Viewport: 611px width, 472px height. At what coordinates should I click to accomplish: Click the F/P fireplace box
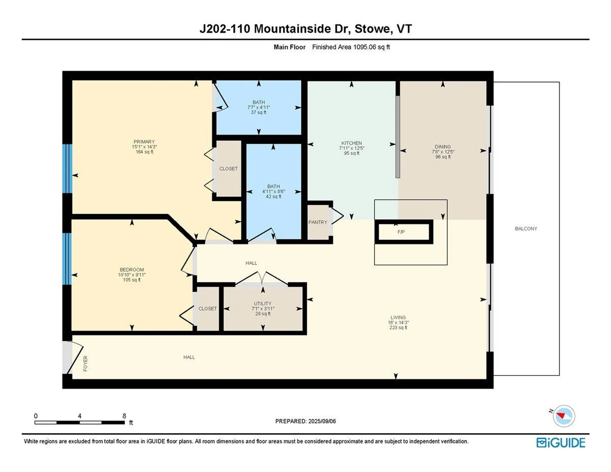point(404,232)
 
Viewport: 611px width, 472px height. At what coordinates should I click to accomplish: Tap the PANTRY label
point(318,222)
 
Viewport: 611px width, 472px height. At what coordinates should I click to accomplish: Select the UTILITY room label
point(263,304)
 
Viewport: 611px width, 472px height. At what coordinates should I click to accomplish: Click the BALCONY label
point(526,229)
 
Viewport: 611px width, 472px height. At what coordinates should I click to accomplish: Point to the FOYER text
point(85,363)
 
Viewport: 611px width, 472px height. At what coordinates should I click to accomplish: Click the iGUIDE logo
point(561,443)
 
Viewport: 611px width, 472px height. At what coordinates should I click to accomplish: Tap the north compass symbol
point(564,416)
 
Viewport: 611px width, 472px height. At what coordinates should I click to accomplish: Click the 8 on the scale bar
point(124,416)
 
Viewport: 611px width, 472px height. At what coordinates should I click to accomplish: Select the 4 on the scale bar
point(80,416)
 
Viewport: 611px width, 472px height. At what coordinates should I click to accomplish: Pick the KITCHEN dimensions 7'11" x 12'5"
point(351,148)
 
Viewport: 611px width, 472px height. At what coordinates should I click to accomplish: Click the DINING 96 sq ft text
point(443,157)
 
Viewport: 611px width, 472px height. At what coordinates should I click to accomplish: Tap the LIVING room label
point(398,317)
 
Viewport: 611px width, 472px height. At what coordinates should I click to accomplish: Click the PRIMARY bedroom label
point(144,142)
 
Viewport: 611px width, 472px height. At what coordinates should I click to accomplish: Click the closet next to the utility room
point(207,308)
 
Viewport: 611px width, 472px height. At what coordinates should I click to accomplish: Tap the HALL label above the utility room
point(251,263)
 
